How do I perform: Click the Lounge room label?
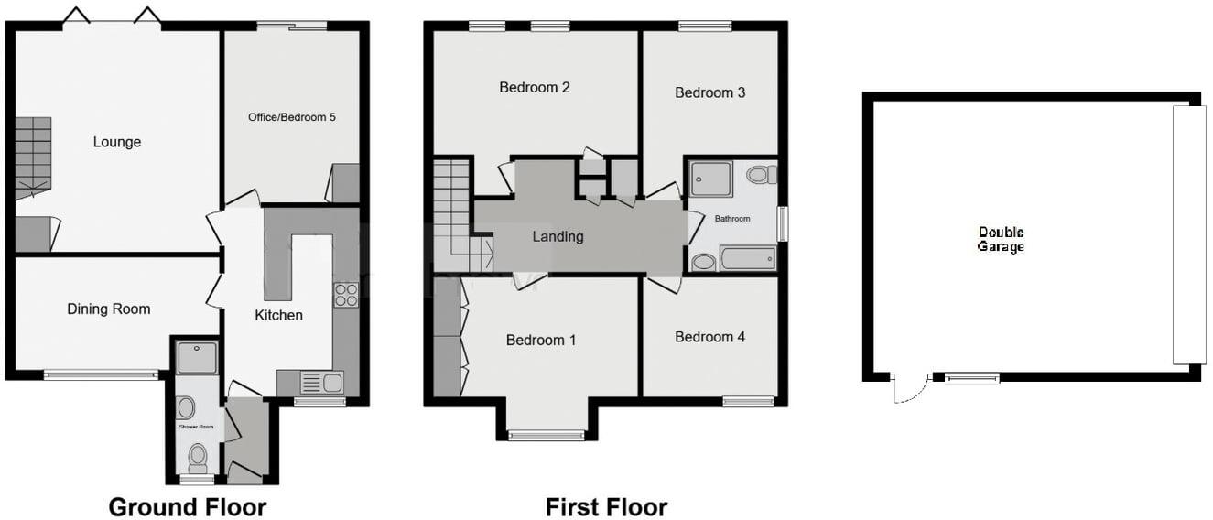coord(117,142)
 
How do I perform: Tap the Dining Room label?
coord(109,309)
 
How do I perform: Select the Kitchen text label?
coord(278,315)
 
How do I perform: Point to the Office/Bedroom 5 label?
coord(291,117)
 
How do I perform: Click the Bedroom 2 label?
coord(535,88)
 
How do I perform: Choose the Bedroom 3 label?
coord(709,92)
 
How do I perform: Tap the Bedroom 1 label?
coord(541,341)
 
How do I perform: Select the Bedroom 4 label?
coord(709,337)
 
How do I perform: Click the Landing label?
coord(558,236)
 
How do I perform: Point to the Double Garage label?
coord(1001,240)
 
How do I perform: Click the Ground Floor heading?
coord(188,507)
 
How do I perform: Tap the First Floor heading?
coord(606,507)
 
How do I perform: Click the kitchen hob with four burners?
coord(346,295)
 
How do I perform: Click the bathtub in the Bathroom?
coord(748,259)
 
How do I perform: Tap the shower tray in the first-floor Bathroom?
coord(711,179)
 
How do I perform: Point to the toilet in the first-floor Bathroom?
coord(761,175)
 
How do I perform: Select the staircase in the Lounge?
coord(33,157)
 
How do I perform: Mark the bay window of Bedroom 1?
coord(547,435)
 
